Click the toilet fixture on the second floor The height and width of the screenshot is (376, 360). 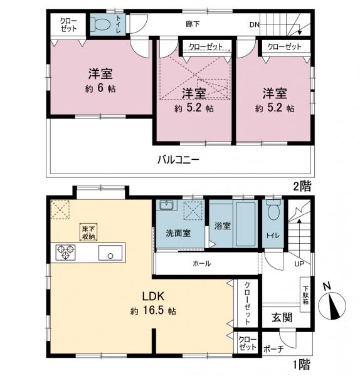(x=100, y=24)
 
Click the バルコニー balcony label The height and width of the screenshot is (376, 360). (x=178, y=159)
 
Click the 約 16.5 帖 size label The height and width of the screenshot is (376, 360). (x=153, y=311)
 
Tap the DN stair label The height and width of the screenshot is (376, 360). (x=254, y=26)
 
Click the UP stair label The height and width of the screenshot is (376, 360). (x=299, y=263)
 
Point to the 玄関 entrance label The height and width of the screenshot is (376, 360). (x=282, y=317)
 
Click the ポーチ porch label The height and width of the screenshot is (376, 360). (x=274, y=349)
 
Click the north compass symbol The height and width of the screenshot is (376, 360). (x=332, y=306)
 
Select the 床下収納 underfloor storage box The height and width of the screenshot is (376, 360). (x=88, y=232)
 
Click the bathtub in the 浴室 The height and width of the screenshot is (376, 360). (x=245, y=226)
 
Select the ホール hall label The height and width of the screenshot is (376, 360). (x=201, y=263)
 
